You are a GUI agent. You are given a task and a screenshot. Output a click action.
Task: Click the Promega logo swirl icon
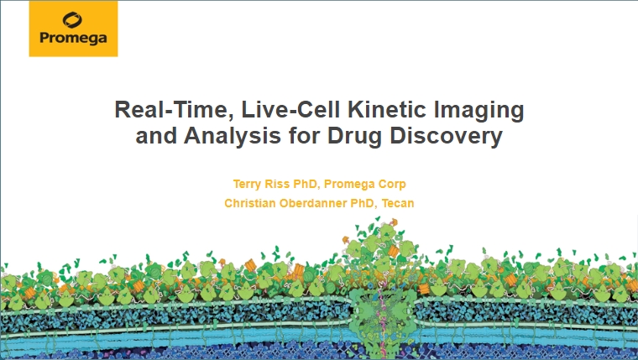point(72,20)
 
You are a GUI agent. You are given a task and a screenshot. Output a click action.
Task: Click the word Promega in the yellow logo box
point(73,39)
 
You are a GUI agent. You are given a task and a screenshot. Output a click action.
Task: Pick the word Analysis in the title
point(233,136)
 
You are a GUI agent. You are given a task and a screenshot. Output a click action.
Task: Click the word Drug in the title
point(354,137)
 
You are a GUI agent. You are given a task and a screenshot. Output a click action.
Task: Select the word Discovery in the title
point(446,137)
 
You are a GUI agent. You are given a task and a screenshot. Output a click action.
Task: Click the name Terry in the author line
point(247,185)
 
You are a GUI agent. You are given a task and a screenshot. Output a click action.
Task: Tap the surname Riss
point(277,184)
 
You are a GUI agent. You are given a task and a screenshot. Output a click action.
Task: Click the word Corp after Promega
point(392,185)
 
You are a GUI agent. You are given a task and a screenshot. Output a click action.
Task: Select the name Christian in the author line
point(250,203)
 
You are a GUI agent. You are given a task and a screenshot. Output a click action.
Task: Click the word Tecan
point(398,203)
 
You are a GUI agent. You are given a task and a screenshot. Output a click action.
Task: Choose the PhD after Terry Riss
point(306,185)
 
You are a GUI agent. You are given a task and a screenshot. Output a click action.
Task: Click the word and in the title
point(156,136)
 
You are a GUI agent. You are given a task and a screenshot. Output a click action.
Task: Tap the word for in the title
point(304,136)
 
